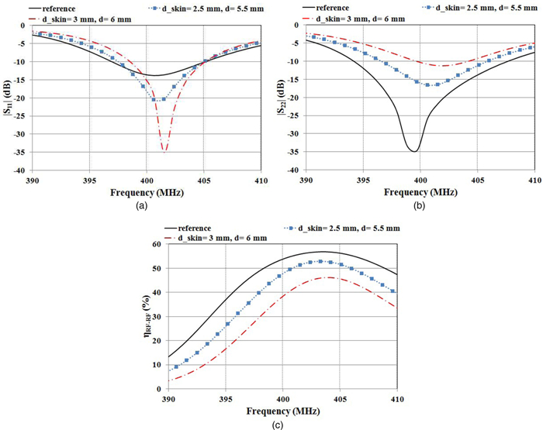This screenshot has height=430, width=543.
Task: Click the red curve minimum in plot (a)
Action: pos(164,150)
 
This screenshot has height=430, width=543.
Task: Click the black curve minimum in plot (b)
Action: pos(415,151)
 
